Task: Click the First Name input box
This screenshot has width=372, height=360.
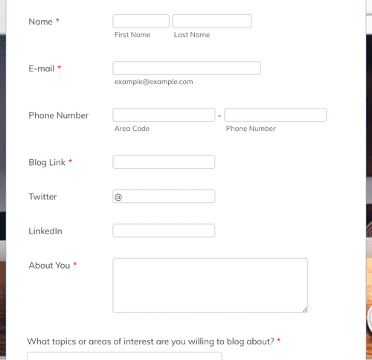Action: click(x=141, y=22)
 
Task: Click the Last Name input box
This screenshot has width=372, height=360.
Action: click(x=211, y=22)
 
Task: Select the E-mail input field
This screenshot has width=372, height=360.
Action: click(x=187, y=68)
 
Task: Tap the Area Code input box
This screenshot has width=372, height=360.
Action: click(x=164, y=115)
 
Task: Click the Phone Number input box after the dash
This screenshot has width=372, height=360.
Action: click(x=275, y=115)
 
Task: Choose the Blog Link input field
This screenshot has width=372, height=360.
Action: click(x=164, y=162)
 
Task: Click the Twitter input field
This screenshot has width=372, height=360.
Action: click(x=168, y=196)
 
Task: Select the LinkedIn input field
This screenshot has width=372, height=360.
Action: click(x=164, y=231)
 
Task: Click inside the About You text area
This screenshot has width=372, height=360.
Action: click(x=210, y=285)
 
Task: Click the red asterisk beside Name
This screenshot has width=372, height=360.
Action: click(x=57, y=22)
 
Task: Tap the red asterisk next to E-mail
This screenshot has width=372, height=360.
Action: click(x=60, y=68)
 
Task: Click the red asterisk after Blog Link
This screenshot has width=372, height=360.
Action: click(x=70, y=162)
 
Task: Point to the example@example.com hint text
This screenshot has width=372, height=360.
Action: click(x=153, y=82)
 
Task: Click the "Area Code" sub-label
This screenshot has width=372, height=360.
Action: click(x=132, y=129)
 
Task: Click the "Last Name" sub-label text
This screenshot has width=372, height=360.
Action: click(x=192, y=35)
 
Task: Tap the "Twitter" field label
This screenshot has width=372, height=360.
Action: click(x=42, y=197)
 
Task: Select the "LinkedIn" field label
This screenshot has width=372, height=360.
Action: click(x=45, y=231)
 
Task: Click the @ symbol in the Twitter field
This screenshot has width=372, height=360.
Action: click(x=118, y=197)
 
